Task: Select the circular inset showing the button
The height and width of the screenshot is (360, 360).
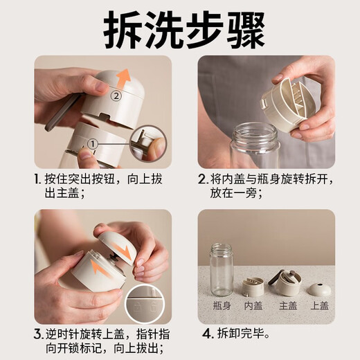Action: pyautogui.click(x=147, y=142)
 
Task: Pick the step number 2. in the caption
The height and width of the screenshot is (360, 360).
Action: pyautogui.click(x=202, y=179)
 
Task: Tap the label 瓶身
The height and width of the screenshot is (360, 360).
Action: pyautogui.click(x=221, y=304)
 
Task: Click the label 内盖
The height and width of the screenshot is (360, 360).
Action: pyautogui.click(x=254, y=304)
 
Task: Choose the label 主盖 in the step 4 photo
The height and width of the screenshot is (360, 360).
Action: pyautogui.click(x=287, y=304)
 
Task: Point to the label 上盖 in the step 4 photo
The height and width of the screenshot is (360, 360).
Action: pyautogui.click(x=320, y=304)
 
